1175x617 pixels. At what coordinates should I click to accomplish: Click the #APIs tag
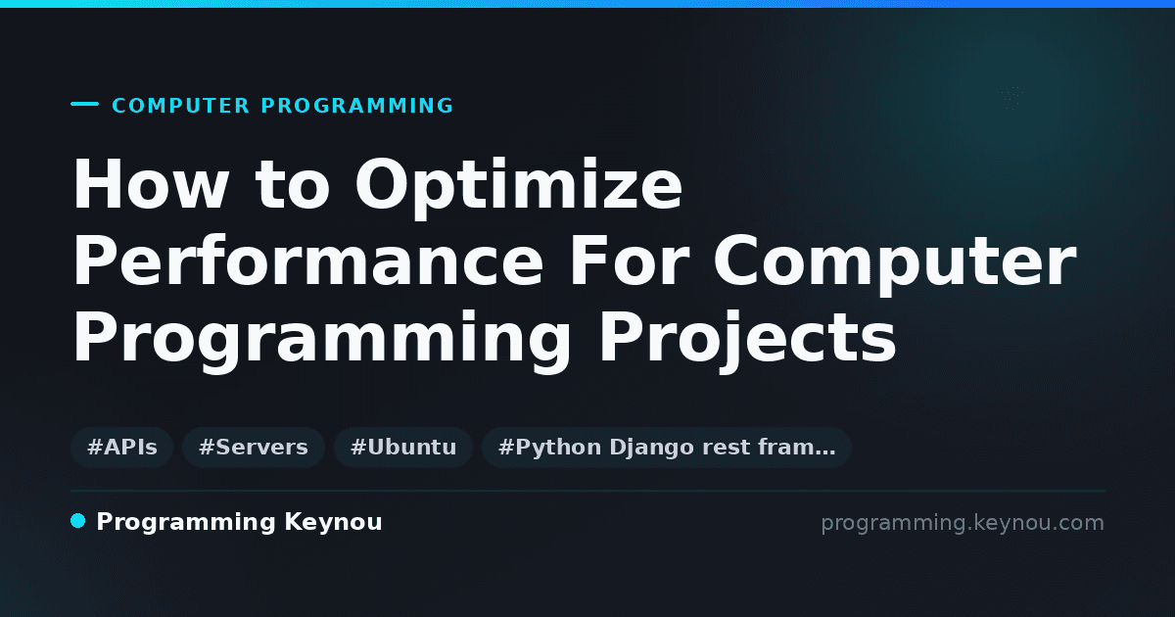pos(121,447)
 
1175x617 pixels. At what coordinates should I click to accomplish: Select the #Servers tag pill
pos(254,447)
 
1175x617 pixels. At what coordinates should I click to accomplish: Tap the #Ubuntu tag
pos(403,447)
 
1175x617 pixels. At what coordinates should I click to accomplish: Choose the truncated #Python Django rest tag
pos(666,447)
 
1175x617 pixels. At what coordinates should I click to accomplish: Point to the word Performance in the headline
pos(307,261)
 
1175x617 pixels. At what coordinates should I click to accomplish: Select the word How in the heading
pos(151,184)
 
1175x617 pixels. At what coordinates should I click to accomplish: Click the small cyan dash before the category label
pos(84,104)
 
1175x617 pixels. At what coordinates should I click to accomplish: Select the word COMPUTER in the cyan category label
pos(181,106)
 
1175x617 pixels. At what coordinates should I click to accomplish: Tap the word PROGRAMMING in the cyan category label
pos(357,106)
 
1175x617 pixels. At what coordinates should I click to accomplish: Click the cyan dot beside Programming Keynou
pos(77,521)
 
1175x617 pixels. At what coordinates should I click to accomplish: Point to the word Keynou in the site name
pos(333,523)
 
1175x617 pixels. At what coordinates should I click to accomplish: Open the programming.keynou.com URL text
pos(963,523)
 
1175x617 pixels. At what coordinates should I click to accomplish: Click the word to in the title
pos(293,185)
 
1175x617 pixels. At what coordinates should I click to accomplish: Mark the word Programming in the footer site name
pos(186,523)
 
